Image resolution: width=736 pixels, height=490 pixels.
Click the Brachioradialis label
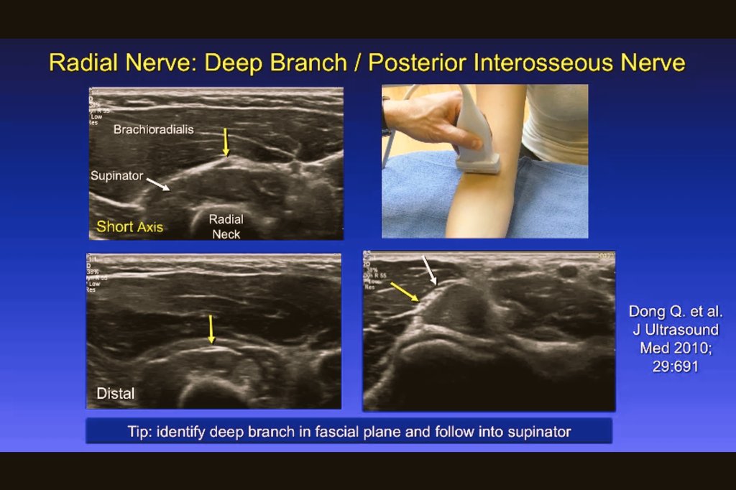click(x=153, y=130)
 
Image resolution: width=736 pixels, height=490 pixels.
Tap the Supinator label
click(x=116, y=175)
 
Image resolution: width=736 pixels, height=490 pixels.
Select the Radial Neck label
click(x=226, y=226)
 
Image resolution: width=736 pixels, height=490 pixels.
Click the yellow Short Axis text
click(x=129, y=227)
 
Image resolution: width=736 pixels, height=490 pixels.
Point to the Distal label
click(x=115, y=394)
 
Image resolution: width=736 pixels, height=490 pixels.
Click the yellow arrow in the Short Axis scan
click(x=226, y=142)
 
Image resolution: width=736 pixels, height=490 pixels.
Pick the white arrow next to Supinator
click(x=159, y=185)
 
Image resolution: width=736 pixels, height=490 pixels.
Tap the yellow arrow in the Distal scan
click(x=211, y=329)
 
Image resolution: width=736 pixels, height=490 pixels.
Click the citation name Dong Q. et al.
click(x=676, y=312)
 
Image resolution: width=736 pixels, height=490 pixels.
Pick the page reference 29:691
click(x=676, y=366)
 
